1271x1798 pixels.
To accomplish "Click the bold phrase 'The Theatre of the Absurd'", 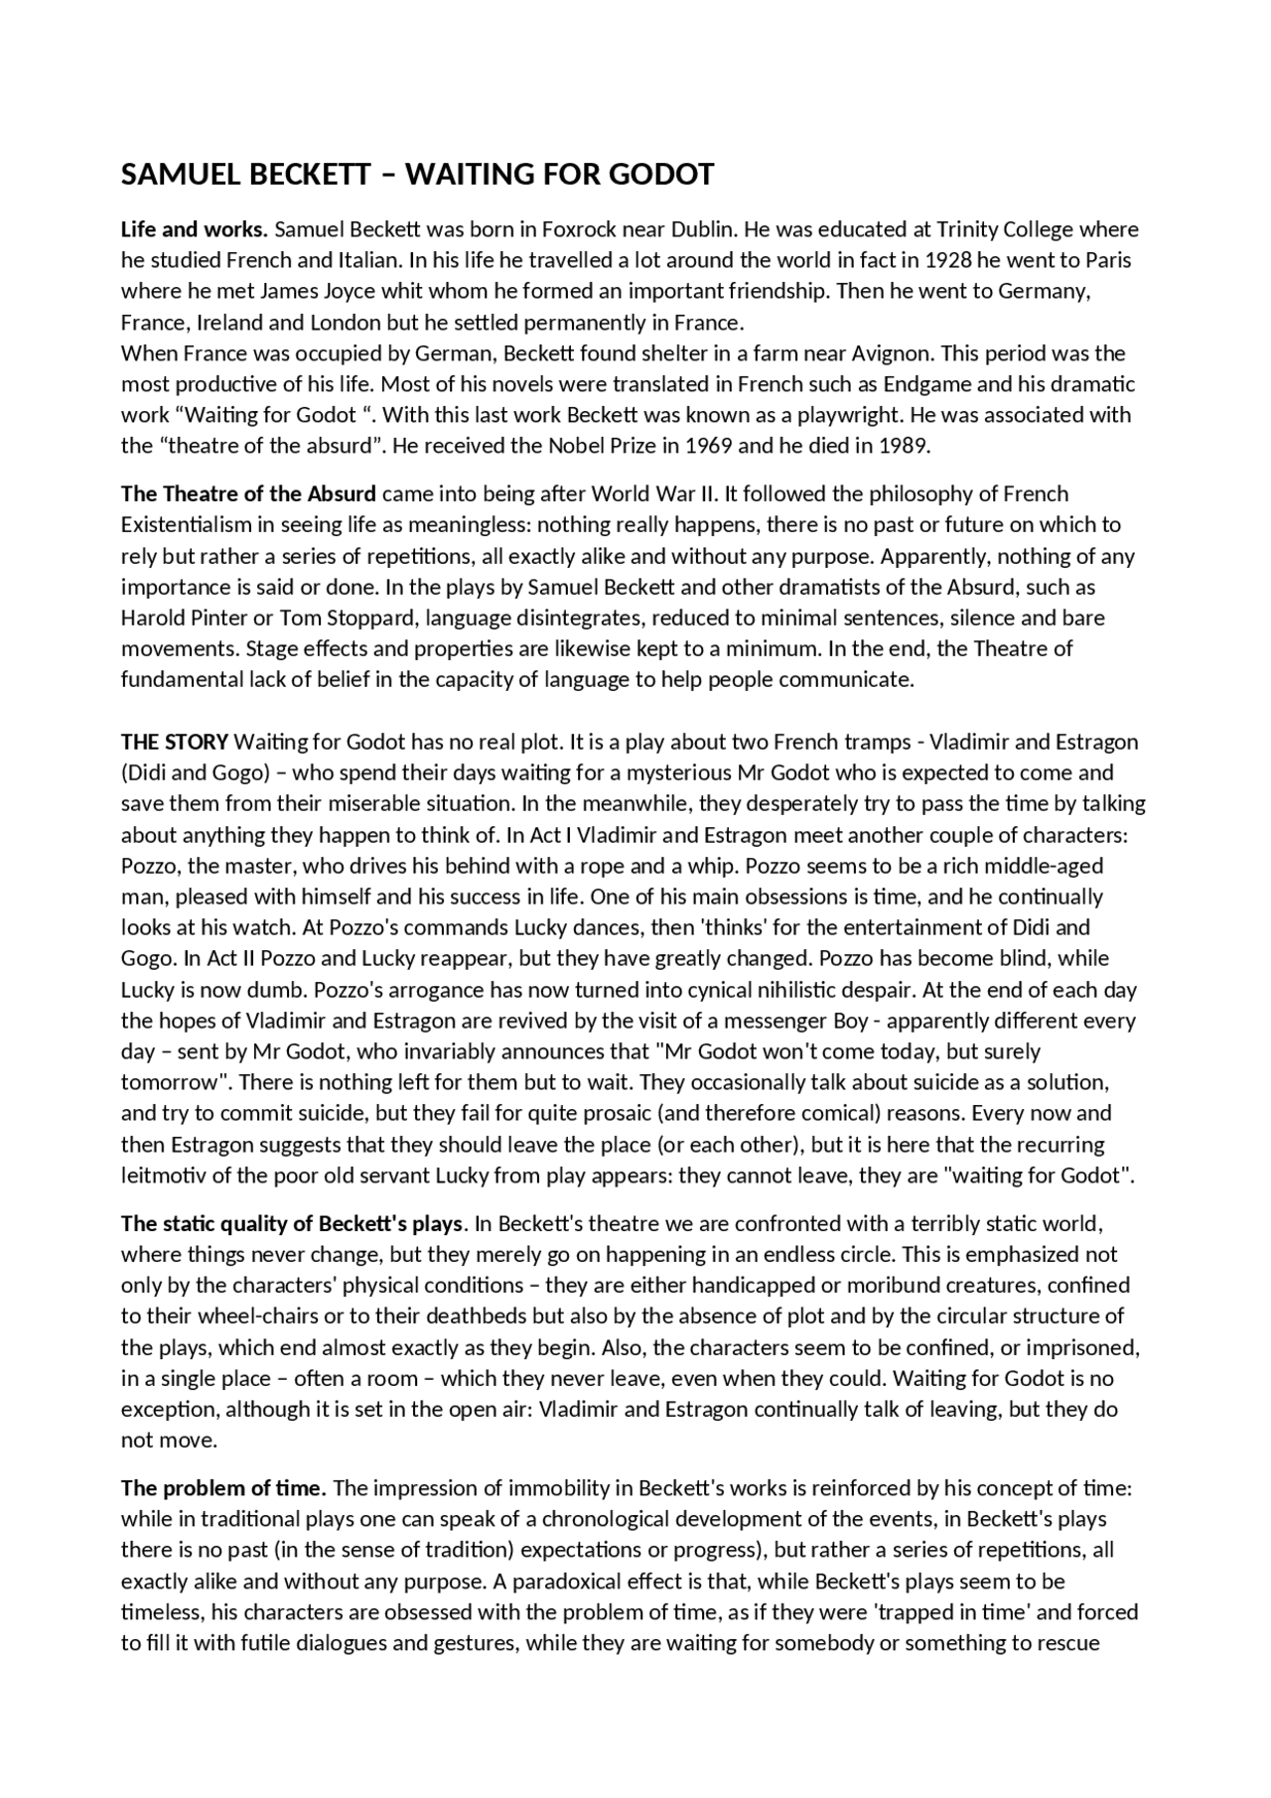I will tap(248, 494).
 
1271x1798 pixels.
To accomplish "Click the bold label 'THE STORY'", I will tap(175, 743).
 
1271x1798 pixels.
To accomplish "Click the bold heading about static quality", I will tap(292, 1223).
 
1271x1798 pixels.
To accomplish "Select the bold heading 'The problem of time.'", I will tap(223, 1488).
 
